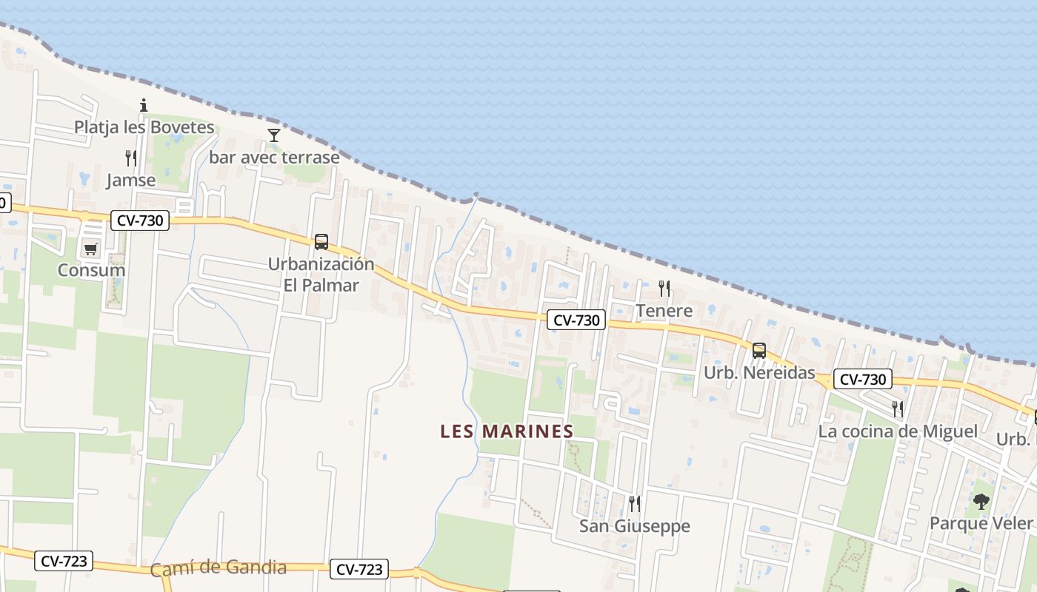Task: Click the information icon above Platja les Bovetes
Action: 144,105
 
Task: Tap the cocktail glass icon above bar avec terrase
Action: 274,135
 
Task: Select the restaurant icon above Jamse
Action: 130,158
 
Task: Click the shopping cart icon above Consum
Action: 91,249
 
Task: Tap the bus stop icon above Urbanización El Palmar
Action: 321,241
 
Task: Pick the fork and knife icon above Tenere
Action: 664,289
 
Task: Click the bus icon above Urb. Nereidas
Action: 759,351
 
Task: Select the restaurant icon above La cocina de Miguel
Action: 897,408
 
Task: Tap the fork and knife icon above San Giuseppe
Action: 634,504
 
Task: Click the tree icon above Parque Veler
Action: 981,502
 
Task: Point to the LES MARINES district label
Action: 507,431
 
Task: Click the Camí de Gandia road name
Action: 218,568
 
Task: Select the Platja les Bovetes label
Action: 144,127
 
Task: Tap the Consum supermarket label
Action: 91,270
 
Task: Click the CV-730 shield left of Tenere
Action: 576,320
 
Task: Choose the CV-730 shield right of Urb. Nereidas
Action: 862,380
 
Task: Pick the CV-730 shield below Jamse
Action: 140,220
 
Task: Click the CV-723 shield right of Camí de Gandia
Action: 359,569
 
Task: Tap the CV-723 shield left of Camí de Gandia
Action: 64,561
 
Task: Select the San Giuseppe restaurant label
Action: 634,526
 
